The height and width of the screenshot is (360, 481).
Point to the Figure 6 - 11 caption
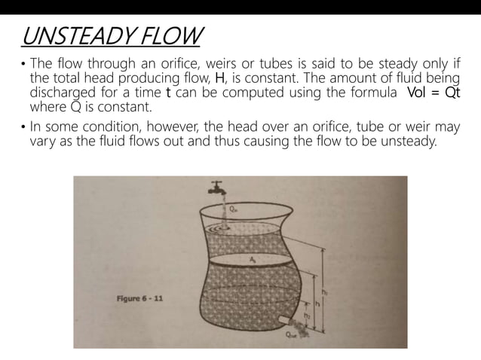139,298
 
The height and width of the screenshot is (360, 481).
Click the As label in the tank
253,258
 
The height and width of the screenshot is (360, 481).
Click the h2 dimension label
307,316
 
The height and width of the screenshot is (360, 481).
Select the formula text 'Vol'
418,93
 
